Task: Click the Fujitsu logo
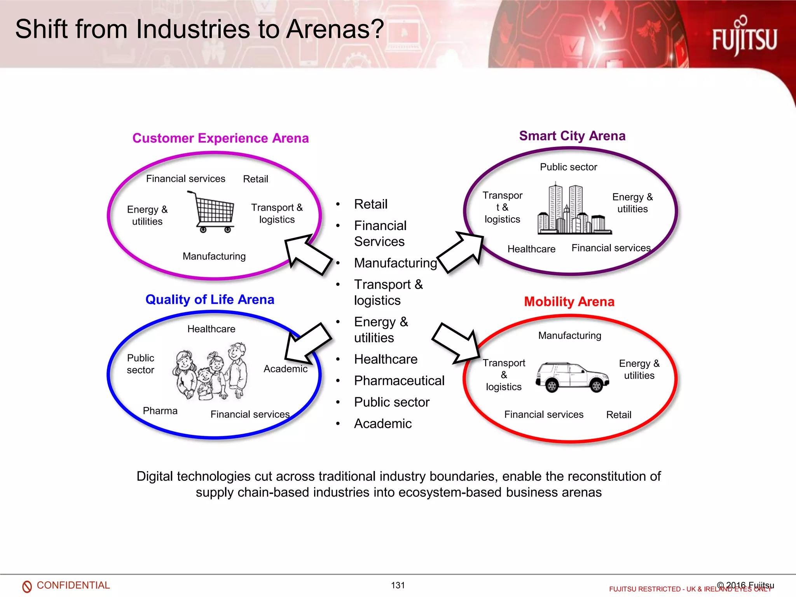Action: (x=744, y=37)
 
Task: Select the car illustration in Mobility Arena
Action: (x=572, y=377)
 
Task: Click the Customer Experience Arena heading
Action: (x=220, y=138)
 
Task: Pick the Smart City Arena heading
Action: (x=572, y=136)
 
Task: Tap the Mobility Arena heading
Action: (x=569, y=302)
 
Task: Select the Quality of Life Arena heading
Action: (x=209, y=300)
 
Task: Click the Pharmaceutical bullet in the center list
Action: (x=399, y=381)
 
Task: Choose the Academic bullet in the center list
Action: (x=382, y=423)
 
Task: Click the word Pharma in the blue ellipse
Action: (x=160, y=411)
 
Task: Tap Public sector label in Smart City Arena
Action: (x=568, y=167)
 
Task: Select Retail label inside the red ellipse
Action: (x=618, y=415)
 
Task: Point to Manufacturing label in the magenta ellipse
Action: (x=214, y=257)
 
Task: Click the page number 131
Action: (x=398, y=585)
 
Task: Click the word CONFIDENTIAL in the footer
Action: (x=73, y=585)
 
